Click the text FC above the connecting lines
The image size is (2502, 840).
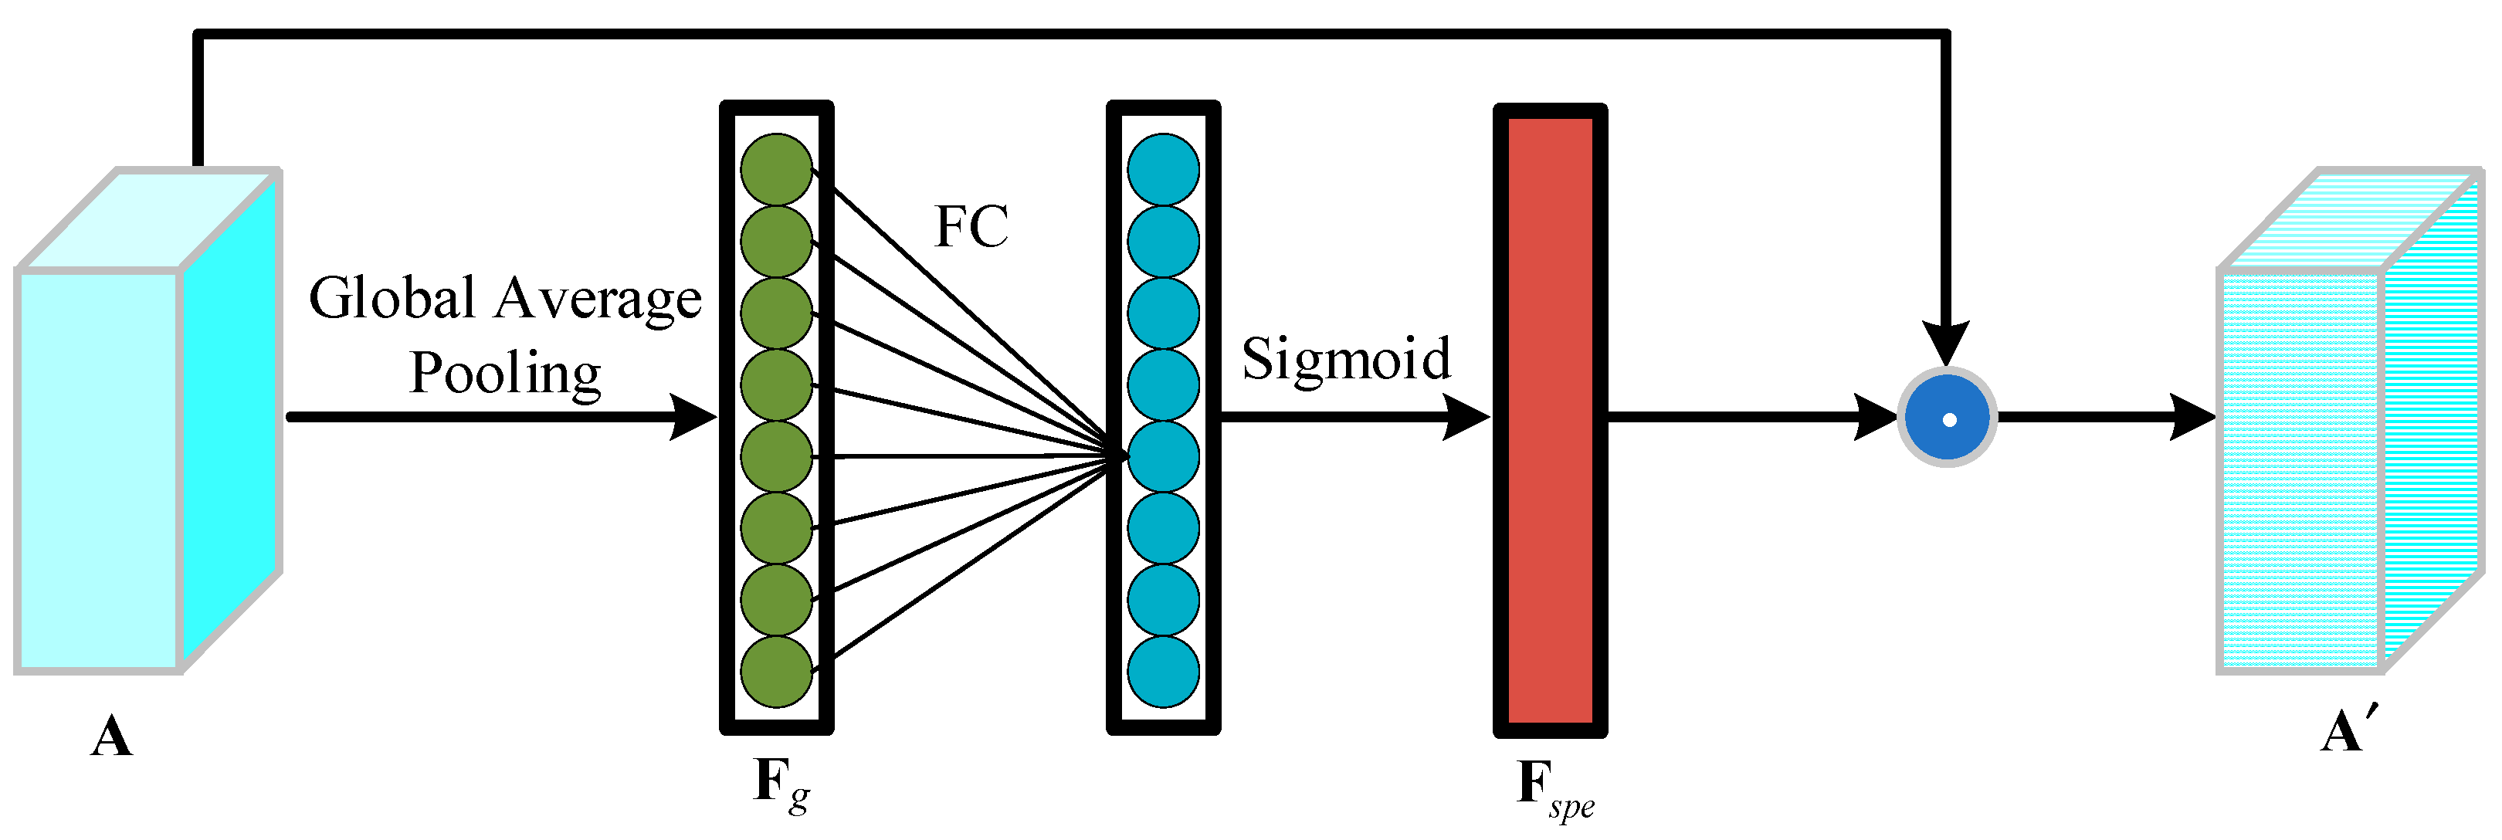[971, 227]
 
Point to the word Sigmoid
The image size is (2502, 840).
[1345, 358]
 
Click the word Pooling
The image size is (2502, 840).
[505, 374]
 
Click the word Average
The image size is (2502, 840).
[598, 299]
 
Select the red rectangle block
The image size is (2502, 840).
[1549, 419]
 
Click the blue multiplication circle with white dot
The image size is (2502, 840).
[1948, 418]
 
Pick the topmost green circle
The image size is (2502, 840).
[776, 169]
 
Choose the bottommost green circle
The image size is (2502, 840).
[776, 671]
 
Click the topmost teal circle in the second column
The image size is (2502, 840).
[1163, 169]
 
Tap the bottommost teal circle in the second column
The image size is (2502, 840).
[1163, 671]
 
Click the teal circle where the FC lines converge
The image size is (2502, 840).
[1163, 456]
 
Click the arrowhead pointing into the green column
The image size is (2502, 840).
[693, 418]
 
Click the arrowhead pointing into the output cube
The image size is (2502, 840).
[2192, 418]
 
